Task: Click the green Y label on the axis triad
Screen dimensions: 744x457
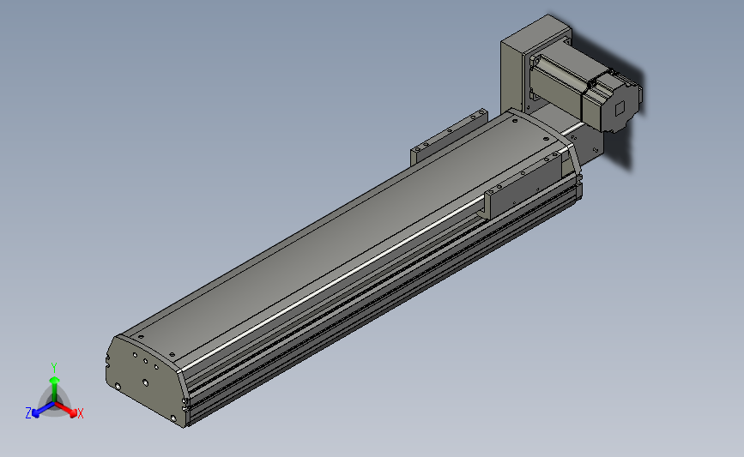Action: click(x=54, y=368)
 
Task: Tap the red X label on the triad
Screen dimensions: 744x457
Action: click(x=80, y=413)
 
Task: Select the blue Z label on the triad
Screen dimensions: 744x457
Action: click(x=28, y=413)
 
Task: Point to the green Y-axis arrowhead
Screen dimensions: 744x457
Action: click(x=55, y=380)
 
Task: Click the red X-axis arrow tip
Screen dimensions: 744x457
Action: click(x=73, y=413)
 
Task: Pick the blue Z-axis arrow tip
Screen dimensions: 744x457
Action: click(x=35, y=413)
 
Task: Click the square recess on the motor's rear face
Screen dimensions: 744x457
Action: click(x=620, y=109)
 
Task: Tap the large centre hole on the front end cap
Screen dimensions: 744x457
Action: click(x=145, y=382)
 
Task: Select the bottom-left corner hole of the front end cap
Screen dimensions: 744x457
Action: click(x=118, y=387)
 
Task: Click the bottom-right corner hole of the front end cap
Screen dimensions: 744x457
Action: click(x=173, y=418)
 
